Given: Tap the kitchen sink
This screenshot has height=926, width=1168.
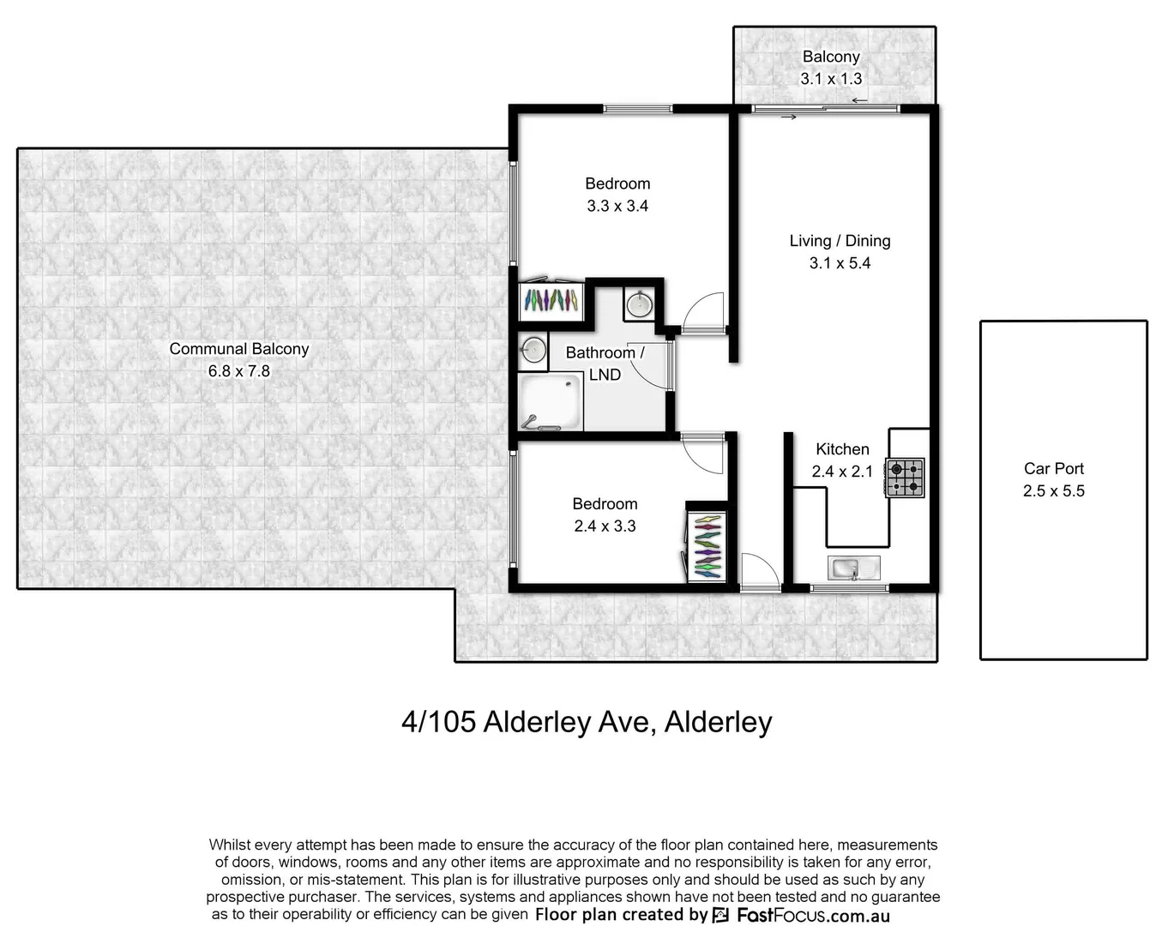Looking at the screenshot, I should click(854, 567).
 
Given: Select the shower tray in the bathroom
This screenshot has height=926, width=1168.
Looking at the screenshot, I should click(550, 402).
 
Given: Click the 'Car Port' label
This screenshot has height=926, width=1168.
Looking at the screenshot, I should click(1053, 468).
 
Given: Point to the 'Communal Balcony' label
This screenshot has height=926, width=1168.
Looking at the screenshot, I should click(238, 349).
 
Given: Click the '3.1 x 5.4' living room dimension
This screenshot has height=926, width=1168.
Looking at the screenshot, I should click(840, 263).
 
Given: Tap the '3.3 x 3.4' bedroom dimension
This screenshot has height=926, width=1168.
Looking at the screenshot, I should click(617, 206).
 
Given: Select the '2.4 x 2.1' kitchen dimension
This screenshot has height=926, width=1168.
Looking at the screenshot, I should click(842, 471).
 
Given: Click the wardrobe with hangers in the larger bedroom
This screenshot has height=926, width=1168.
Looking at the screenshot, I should click(551, 299).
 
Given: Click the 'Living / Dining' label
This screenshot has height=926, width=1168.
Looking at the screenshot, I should click(840, 241).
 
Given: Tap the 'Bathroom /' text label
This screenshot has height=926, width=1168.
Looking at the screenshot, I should click(605, 352).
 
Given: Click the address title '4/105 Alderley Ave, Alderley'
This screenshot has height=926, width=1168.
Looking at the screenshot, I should click(587, 722).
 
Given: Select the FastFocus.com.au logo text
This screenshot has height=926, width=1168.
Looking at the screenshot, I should click(812, 915).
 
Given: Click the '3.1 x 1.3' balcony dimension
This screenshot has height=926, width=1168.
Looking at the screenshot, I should click(831, 79).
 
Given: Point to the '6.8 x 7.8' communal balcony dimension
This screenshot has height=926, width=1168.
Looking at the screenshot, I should click(238, 371).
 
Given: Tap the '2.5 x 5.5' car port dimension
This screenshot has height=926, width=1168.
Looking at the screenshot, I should click(1053, 491).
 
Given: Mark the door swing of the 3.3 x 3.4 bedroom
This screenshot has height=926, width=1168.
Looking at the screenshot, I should click(706, 311).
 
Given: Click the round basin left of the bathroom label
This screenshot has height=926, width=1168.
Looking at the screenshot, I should click(533, 350).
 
